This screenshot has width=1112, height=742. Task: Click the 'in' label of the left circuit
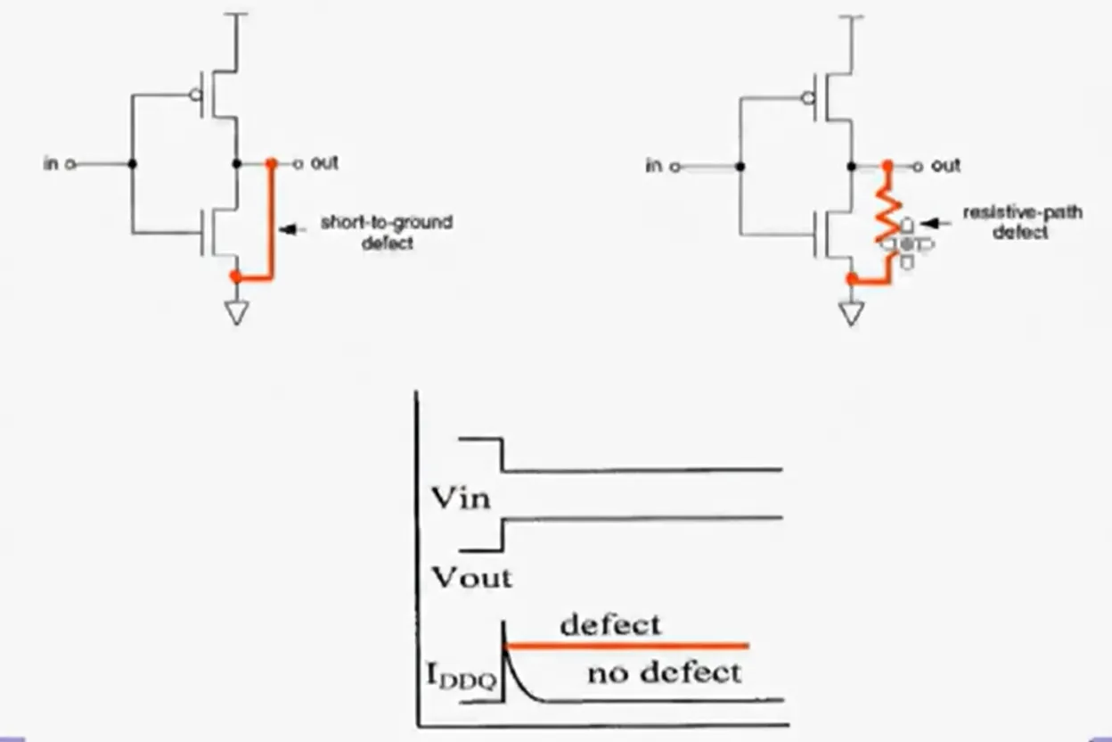(x=51, y=163)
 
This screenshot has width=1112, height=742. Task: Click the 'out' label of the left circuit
(x=324, y=163)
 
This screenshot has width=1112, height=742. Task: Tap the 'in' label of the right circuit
(x=654, y=166)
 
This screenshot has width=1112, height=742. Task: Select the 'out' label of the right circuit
(x=946, y=166)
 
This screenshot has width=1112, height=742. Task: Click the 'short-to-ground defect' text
(x=388, y=232)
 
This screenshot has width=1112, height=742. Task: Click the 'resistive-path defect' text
(x=1023, y=222)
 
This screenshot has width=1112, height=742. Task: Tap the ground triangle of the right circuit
(x=852, y=314)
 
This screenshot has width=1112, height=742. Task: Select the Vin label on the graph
(x=462, y=498)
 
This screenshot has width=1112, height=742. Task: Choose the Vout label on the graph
(x=472, y=578)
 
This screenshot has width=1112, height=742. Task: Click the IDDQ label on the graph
(x=462, y=676)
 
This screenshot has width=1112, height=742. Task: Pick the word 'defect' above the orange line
(x=610, y=624)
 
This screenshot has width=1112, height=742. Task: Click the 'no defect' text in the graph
(x=664, y=673)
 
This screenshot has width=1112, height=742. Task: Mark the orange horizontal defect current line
(x=626, y=646)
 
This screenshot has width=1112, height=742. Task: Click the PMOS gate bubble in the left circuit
(x=197, y=95)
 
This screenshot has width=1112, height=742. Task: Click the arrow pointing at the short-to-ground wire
(x=292, y=229)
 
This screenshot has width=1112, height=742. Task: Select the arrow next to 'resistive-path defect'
(x=936, y=224)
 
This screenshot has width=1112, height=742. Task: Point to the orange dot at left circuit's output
(x=271, y=163)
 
